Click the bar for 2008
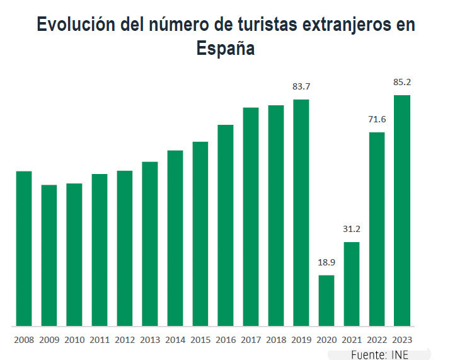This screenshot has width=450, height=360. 24,248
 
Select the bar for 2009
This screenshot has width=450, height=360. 49,255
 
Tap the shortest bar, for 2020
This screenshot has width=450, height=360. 326,301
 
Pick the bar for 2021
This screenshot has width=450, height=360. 352,284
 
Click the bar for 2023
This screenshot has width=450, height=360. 402,211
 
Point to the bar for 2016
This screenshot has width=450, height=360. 226,226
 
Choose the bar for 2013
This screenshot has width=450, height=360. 150,244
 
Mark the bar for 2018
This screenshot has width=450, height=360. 276,216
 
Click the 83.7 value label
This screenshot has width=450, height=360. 301,86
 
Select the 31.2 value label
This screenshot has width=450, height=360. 352,229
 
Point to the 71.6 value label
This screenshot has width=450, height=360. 377,119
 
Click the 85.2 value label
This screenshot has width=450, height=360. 402,82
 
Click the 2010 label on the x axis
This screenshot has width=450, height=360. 74,340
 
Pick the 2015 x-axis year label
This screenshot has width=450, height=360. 200,340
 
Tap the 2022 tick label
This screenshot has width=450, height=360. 377,340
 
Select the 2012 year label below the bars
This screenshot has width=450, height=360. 125,340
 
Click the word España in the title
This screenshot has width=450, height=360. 225,49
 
